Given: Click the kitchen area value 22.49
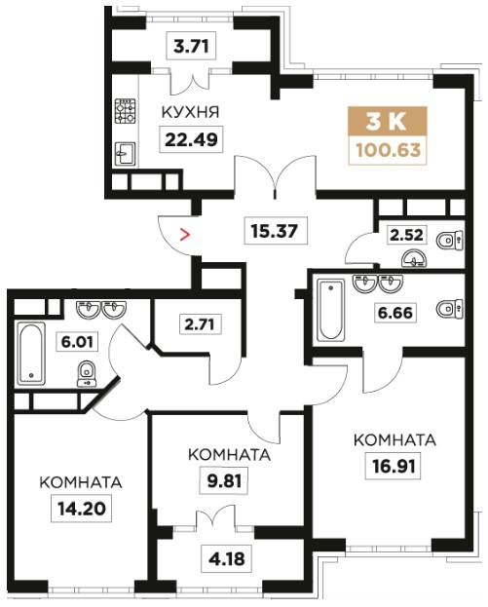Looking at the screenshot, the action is click(191, 139).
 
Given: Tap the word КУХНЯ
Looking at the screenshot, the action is click(190, 112).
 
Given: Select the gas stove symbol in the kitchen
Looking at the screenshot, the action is click(126, 111).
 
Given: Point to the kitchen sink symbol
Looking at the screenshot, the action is click(126, 155).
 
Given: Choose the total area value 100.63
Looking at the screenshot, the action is click(388, 150).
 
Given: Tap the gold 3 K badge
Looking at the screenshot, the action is click(388, 122).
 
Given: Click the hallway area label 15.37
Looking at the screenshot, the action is click(275, 231).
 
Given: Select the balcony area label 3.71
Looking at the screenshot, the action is click(191, 47).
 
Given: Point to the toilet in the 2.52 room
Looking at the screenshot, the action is click(450, 241).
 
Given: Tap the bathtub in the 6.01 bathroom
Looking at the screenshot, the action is click(31, 354).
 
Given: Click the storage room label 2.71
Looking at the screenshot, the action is click(200, 323).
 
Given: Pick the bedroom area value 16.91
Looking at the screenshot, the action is click(393, 466).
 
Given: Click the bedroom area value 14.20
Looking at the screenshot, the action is click(81, 509).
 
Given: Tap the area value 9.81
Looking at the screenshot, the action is click(224, 481).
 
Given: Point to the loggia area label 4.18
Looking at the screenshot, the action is click(227, 559).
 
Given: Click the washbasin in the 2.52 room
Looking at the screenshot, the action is click(413, 260).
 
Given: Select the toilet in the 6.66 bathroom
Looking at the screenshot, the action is click(450, 309).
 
